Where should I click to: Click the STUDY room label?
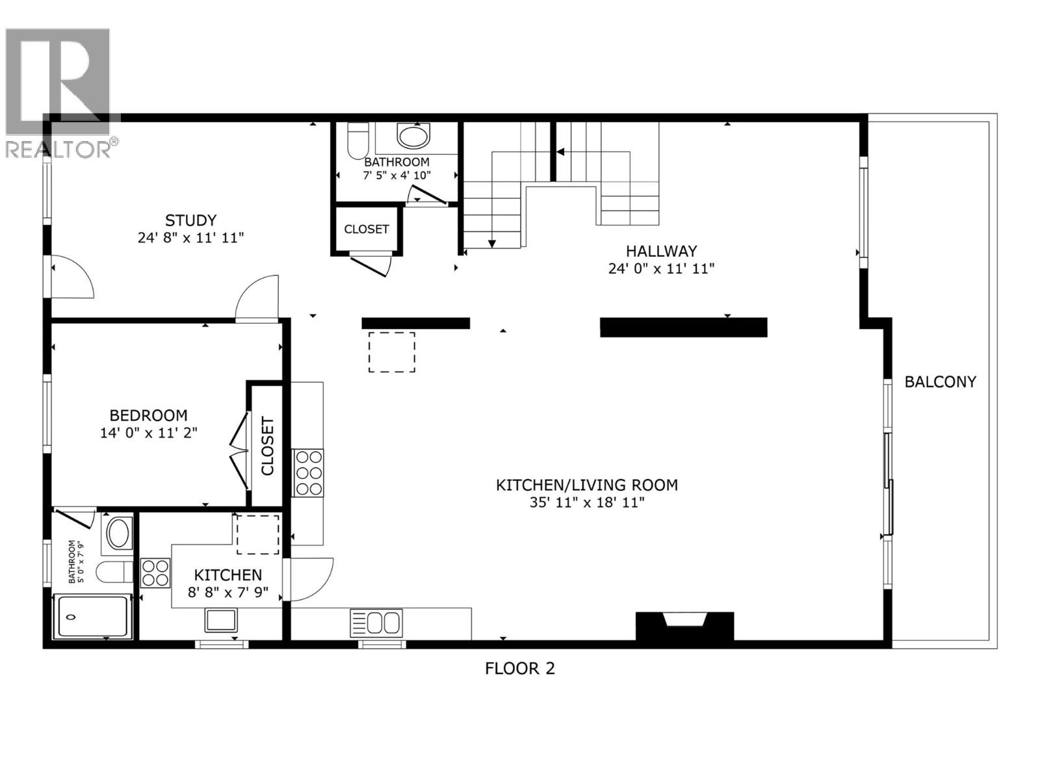[x=190, y=220]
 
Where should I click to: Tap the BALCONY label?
[x=940, y=382]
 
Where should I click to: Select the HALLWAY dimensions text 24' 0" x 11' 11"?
[x=661, y=268]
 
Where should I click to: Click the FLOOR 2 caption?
[x=519, y=668]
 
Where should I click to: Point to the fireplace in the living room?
[x=684, y=625]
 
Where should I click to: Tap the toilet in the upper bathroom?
[x=357, y=141]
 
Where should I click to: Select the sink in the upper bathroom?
[x=413, y=136]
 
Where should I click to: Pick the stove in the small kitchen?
[x=155, y=573]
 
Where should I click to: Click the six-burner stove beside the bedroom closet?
[x=308, y=473]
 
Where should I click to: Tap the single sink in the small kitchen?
[x=222, y=620]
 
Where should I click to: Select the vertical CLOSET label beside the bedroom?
[x=267, y=446]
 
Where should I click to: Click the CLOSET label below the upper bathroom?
[x=366, y=229]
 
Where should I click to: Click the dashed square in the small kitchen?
[x=257, y=534]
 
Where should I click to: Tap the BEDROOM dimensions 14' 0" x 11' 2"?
[x=148, y=432]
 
